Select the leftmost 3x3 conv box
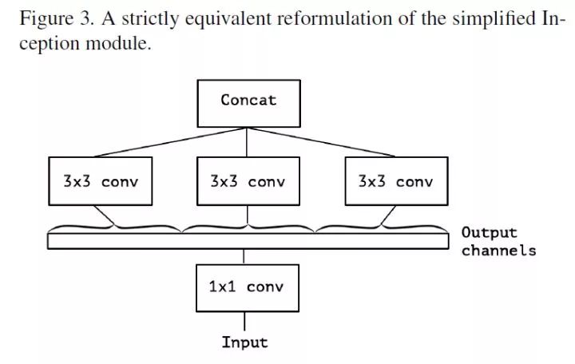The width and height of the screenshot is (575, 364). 100,181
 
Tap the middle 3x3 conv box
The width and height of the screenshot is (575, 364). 248,181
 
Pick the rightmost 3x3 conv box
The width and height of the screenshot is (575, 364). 395,181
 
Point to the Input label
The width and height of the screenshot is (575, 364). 244,343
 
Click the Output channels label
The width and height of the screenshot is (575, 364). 498,241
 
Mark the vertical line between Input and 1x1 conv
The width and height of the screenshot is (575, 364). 245,322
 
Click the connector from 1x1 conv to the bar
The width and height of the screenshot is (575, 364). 245,256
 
